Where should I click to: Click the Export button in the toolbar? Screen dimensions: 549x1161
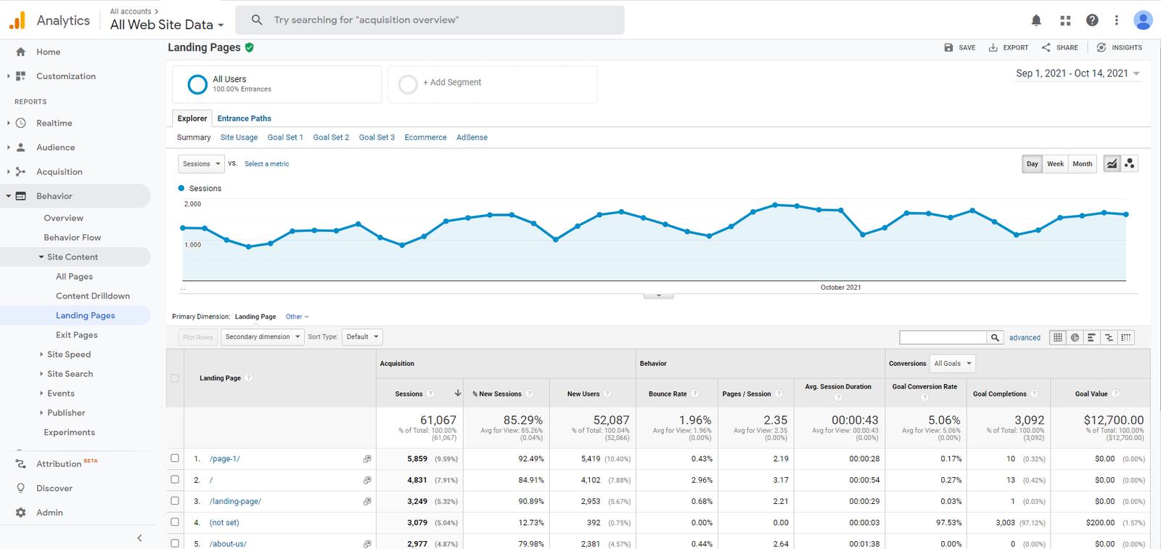tap(1009, 48)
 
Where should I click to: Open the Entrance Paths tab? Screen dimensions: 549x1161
tap(244, 118)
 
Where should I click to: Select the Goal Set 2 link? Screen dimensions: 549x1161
tap(331, 137)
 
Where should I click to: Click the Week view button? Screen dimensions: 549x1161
tap(1055, 164)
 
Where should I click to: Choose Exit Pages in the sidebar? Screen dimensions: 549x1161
tap(76, 335)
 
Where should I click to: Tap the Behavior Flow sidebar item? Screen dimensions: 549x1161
tap(72, 237)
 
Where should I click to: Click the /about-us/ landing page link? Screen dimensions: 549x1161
tap(228, 544)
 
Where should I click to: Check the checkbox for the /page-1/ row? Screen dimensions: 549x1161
tap(175, 458)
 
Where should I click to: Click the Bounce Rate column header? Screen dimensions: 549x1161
tap(667, 394)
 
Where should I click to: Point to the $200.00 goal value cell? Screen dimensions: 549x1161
tap(1100, 523)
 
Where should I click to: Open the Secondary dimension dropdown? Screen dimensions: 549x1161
tap(262, 337)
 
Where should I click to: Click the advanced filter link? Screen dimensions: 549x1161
tap(1025, 338)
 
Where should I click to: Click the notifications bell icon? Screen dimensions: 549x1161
tap(1036, 20)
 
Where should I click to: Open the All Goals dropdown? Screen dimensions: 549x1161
tap(953, 363)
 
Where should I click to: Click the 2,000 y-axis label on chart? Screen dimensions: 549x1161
tap(193, 204)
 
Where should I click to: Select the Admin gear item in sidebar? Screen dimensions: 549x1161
tap(49, 513)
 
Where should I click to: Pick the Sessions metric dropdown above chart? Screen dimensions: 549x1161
tap(201, 164)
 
